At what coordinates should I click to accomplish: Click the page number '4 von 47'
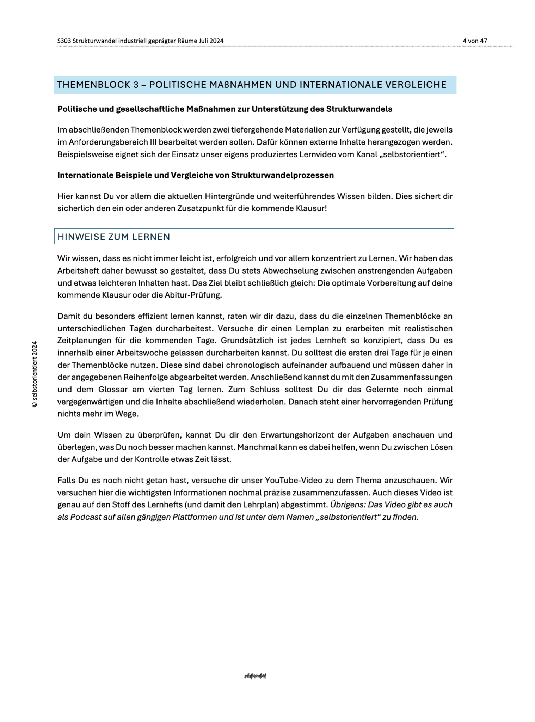[x=475, y=41]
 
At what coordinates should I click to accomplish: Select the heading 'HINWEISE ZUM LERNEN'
[x=113, y=237]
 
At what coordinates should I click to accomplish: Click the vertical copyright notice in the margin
[x=35, y=374]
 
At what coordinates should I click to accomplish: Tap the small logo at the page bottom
[x=255, y=676]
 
